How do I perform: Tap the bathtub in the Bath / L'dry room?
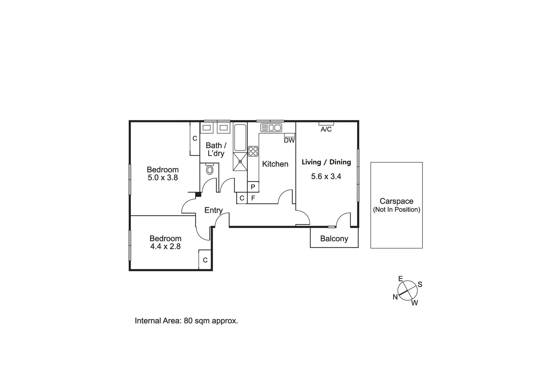(x=240, y=138)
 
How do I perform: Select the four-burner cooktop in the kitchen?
(x=253, y=151)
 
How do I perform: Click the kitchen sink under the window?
(x=271, y=127)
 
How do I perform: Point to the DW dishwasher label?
(x=289, y=140)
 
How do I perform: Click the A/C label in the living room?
(x=326, y=129)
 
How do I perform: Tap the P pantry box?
(x=253, y=187)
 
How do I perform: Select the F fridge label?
(x=253, y=198)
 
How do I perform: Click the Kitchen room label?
(x=275, y=164)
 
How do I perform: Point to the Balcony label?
(x=334, y=239)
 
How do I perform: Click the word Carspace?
(x=396, y=201)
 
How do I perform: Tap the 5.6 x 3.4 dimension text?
(x=326, y=177)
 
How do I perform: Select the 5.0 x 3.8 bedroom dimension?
(x=163, y=178)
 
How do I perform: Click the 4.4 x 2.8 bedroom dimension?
(x=165, y=247)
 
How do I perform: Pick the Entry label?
(x=213, y=210)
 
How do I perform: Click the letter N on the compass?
(x=395, y=297)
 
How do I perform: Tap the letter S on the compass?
(x=420, y=285)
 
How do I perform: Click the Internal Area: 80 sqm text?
(x=186, y=321)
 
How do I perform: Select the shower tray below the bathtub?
(x=240, y=161)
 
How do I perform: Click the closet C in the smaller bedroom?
(x=205, y=260)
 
